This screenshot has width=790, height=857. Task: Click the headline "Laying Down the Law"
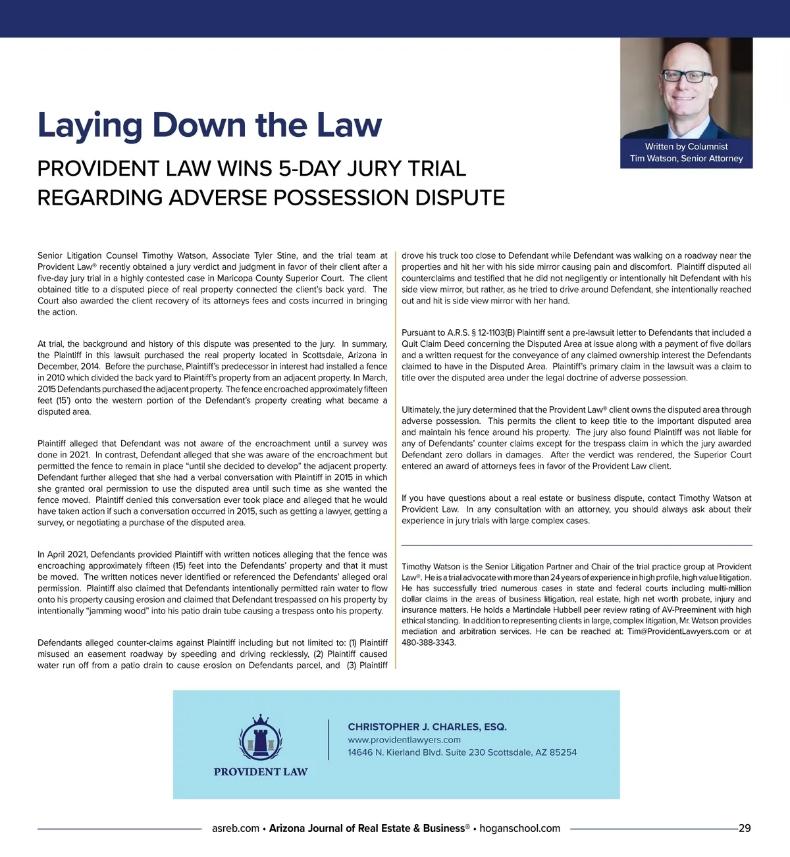[209, 125]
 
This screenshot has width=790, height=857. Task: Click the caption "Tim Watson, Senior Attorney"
[686, 159]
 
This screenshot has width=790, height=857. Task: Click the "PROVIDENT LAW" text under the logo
[261, 771]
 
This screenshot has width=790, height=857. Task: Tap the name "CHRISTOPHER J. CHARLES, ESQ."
[427, 727]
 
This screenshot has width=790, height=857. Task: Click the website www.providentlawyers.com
[404, 740]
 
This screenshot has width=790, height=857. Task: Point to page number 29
[745, 828]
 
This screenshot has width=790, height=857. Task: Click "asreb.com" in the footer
[236, 828]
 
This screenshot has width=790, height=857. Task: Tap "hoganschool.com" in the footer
[519, 828]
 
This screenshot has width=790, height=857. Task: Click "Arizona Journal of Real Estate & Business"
[367, 828]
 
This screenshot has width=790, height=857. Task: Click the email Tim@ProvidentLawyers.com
[678, 632]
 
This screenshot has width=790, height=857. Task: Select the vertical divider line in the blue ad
[329, 740]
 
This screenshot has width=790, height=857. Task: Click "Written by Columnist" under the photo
[686, 147]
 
